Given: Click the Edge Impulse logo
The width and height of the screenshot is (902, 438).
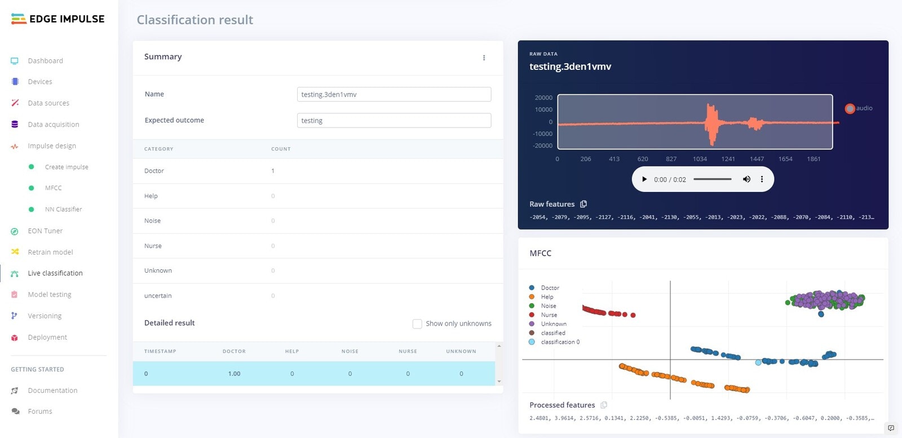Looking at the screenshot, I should point(58,19).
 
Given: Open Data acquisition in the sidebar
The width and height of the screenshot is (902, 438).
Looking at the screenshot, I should point(53,124).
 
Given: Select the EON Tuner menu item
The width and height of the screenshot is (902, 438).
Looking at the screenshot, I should point(45,231).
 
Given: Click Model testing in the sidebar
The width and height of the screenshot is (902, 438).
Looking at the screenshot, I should point(50,295).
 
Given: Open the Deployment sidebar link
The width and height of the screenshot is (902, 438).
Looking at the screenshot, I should point(47,338).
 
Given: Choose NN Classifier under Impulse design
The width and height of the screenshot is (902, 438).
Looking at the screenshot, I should point(63,209).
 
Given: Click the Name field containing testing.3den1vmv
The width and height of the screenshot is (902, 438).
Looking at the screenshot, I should point(393,94).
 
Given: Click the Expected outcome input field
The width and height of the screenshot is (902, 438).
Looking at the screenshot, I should point(393,120).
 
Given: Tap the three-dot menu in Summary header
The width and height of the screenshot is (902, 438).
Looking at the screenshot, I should point(484,58).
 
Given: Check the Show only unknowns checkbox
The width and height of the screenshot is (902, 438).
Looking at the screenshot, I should point(417,323).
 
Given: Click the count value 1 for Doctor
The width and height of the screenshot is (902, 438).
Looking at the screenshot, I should point(273,171).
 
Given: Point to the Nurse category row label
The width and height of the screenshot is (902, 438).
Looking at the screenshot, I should point(153,246).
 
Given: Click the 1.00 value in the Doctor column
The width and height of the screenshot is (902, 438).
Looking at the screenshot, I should point(234,374).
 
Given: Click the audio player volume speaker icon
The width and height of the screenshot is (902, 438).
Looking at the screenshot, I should point(746,179).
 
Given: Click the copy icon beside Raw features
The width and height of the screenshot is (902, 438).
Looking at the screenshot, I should point(583,204).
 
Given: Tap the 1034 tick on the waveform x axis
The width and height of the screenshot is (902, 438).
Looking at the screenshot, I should point(700,159).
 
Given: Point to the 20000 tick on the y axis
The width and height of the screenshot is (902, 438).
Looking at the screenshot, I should point(543,98).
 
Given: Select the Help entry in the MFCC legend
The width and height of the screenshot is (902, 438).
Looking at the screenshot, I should point(547,297).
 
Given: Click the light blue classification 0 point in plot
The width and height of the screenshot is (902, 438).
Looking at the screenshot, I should point(758,362).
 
